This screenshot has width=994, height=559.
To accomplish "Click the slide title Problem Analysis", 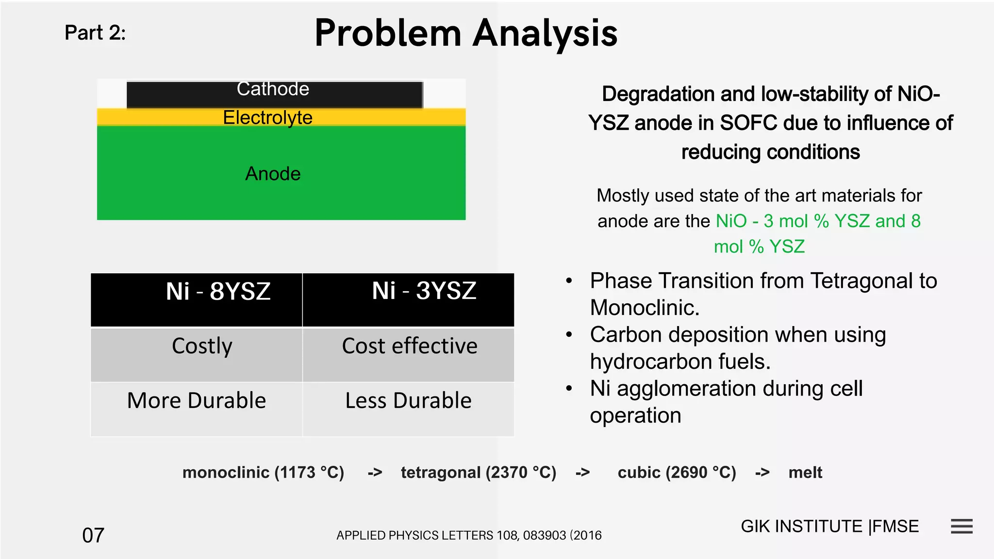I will tap(466, 33).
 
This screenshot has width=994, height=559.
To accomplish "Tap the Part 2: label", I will tap(95, 33).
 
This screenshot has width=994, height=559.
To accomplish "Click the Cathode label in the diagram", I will tap(273, 89).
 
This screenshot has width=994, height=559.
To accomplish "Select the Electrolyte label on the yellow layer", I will tap(267, 117).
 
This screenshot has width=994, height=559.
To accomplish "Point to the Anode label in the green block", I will tap(273, 174).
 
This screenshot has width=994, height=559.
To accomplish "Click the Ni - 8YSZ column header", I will tap(218, 292).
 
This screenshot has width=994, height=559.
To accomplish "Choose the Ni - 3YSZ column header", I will tap(424, 291).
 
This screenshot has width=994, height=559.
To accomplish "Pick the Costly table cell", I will tap(202, 346).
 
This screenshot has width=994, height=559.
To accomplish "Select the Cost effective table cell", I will tap(409, 346).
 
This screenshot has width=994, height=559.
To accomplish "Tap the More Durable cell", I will tap(197, 401).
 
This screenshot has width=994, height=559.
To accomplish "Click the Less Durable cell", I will tap(408, 401).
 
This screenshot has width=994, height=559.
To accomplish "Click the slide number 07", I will tap(93, 535).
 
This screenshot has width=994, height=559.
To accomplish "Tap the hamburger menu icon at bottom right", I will tap(961, 526).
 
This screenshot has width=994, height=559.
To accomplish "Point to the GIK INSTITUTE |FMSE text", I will tap(829, 526).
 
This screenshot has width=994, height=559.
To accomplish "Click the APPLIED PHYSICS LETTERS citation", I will tap(469, 535).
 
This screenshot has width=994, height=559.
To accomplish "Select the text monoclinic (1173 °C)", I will tap(263, 473).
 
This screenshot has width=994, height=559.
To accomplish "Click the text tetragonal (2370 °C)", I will tap(479, 473).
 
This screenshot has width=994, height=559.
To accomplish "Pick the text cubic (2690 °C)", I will tap(677, 473).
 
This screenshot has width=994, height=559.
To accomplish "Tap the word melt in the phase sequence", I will tap(805, 473).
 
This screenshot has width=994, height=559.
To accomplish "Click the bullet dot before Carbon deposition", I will tap(569, 335).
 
